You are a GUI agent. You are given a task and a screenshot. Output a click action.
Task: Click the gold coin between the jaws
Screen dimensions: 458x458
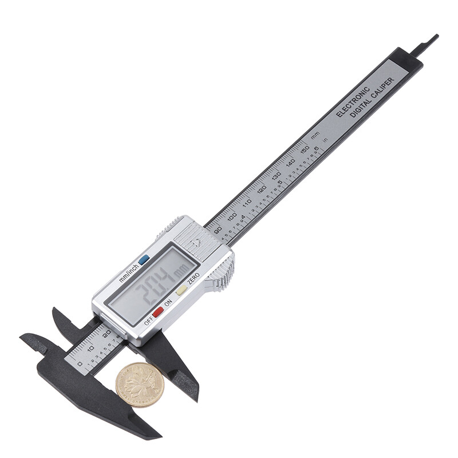click(140, 385)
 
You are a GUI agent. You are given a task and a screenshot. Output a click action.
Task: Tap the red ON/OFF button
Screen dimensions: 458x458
click(158, 312)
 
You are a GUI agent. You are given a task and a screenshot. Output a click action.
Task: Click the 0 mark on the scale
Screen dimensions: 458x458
click(80, 363)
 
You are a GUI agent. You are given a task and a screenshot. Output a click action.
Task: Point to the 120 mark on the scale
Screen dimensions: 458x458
click(262, 189)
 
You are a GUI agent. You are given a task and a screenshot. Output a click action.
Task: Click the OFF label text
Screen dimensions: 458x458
click(149, 321)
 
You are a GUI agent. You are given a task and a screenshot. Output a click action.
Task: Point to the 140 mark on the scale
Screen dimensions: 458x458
click(291, 161)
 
